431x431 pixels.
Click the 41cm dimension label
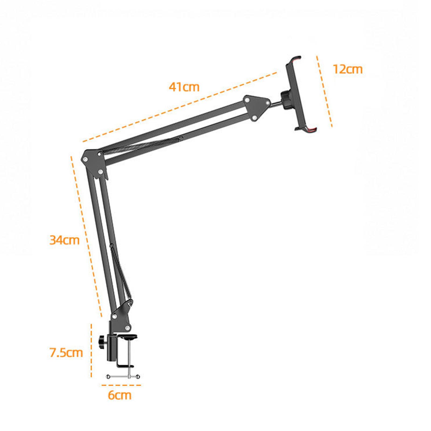(184, 87)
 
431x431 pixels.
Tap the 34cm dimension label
(65, 240)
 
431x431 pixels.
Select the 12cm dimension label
(348, 69)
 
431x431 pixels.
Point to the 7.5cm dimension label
(66, 353)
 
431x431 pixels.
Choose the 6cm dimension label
(120, 395)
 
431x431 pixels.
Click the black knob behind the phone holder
(286, 100)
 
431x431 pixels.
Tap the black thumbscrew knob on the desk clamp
(102, 342)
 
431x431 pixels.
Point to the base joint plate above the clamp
(121, 318)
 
